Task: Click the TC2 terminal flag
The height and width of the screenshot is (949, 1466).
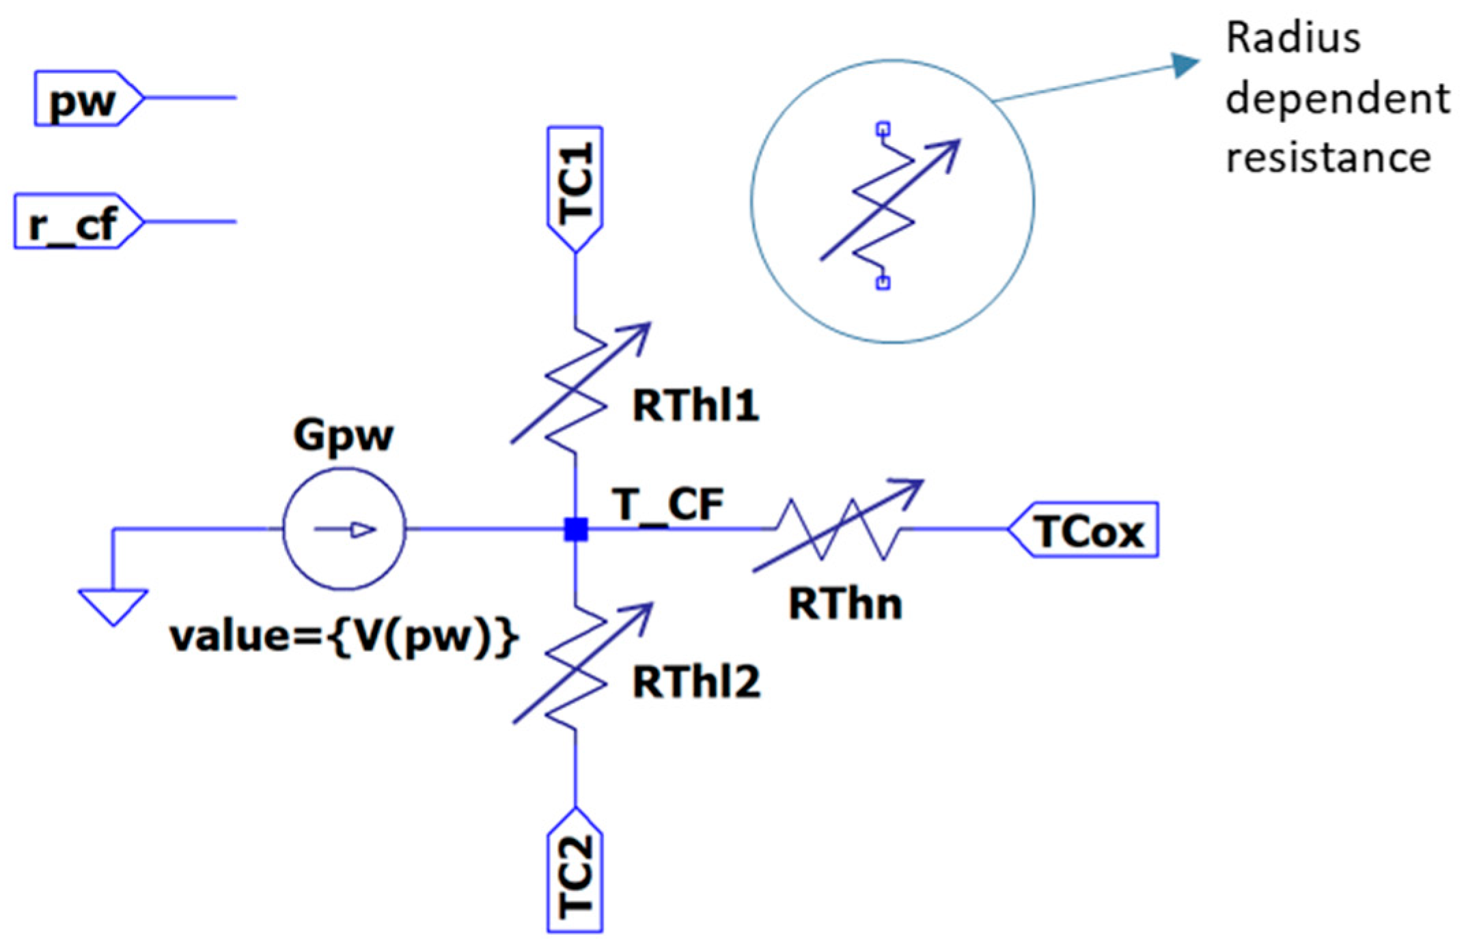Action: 575,874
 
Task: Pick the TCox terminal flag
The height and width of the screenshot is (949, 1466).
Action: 1086,530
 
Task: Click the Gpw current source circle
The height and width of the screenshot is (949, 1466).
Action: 344,529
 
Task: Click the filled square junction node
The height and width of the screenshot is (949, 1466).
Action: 576,529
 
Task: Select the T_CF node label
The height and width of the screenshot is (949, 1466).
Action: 669,505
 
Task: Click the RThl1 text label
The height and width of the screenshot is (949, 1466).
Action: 695,406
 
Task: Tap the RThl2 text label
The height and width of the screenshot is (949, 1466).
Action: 695,681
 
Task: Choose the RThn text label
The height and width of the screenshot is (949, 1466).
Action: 845,604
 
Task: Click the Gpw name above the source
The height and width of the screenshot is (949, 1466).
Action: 344,435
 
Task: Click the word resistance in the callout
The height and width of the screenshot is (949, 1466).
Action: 1327,157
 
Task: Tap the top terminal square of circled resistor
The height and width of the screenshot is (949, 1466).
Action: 883,128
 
